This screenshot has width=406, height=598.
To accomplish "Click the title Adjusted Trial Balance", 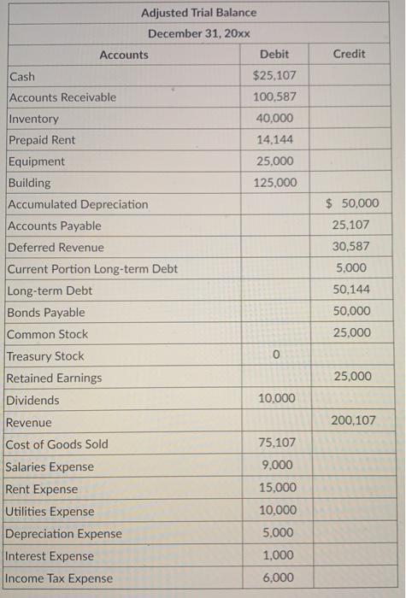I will coord(198,13).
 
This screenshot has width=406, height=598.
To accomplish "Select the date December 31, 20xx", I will coord(198,33).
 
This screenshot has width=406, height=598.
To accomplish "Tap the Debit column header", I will coord(274,55).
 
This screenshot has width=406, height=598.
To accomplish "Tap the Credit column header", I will coord(349,54).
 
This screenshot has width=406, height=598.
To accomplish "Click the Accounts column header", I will coord(124,55).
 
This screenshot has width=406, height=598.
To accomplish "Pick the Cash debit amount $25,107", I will coord(274,76).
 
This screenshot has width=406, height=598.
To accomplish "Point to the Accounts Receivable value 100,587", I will coord(274,97).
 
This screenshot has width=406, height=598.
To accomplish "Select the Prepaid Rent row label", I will coord(41,140).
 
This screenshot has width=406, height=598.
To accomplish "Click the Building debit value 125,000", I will coord(274,183).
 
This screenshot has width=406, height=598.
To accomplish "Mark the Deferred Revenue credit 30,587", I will coord(351,247).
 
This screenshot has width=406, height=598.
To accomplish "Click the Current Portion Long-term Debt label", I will coord(92,269).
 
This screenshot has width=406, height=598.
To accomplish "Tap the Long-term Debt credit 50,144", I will coord(351,290).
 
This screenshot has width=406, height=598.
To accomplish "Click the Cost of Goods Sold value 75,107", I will coord(274,443).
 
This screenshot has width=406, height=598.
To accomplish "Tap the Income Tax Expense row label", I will coord(59,578).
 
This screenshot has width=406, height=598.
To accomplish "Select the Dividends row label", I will coord(32,400).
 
